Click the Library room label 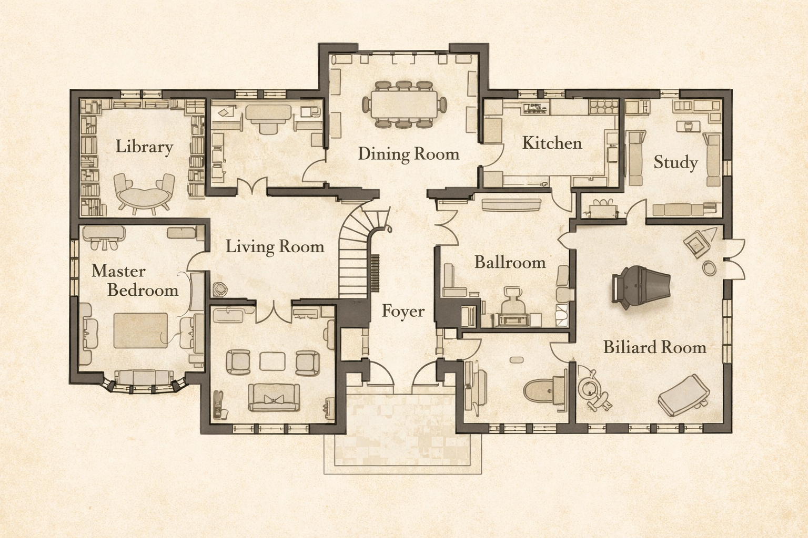point(144,147)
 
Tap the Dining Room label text point(408,154)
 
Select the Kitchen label point(552,143)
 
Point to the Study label point(675,162)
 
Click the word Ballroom point(510,262)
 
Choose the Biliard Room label point(654,347)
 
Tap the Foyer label point(403,311)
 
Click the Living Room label point(275,246)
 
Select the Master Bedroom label point(135,281)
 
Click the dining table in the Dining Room point(403,105)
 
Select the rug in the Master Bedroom point(140,330)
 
